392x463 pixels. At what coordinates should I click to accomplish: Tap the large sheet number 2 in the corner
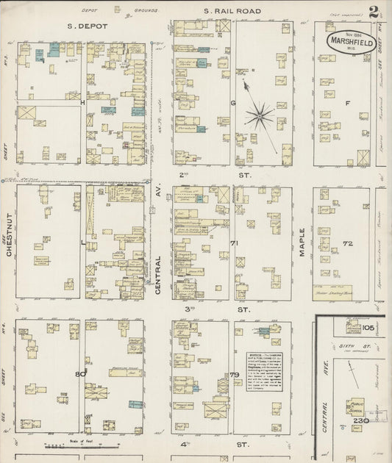point(374,12)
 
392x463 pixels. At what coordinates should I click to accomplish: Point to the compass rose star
point(259,115)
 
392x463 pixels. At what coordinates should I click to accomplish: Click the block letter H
point(83,103)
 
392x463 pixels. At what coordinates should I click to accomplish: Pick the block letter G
point(233,103)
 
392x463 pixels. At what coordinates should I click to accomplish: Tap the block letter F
point(347,103)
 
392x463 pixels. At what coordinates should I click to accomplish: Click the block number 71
point(235,243)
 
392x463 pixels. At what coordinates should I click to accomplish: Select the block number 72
point(347,243)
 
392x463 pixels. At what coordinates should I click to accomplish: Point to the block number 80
point(80,374)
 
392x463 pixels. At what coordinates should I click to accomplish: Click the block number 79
point(235,375)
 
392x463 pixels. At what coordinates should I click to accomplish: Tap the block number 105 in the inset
point(368,327)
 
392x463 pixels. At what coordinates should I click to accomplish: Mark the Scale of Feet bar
point(81,445)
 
